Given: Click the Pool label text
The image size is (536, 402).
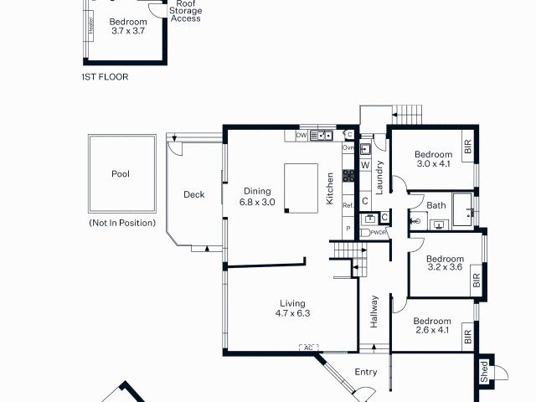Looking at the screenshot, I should pos(121,175).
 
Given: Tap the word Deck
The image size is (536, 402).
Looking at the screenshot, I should pos(193,195).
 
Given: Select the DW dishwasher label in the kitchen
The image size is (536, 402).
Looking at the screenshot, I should pos(301,135).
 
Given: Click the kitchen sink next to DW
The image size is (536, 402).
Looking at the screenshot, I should pos(322,135).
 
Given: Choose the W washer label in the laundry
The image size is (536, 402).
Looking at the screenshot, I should pos(365,165).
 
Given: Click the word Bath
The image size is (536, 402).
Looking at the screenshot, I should pos(436,205).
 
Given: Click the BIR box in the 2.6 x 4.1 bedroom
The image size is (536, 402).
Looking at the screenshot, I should pos(467,338).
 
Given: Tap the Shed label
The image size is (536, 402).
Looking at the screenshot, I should pos(483,370).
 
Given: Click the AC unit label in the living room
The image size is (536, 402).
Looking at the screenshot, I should pos(308,348).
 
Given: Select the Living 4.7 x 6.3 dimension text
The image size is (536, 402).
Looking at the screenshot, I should pos(293,314).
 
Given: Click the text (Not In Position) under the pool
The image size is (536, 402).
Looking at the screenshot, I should pos(121,224).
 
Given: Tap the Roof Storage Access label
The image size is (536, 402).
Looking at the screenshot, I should pos(185,11).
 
